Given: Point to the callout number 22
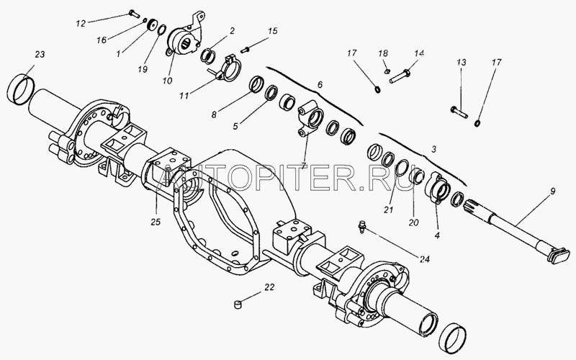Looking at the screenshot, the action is coord(269,288).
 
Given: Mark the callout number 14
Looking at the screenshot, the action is coord(419,54).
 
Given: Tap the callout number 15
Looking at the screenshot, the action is coord(272,31).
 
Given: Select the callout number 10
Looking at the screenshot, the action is coord(167,79).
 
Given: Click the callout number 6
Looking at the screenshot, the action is coord(320,85).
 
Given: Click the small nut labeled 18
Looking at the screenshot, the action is coord(387,70).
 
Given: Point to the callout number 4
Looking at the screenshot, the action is coord(438,234).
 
